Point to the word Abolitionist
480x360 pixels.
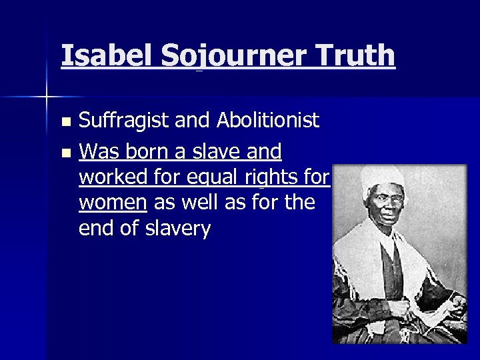click(267, 121)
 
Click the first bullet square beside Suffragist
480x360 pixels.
click(65, 122)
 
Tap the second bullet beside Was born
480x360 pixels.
click(65, 153)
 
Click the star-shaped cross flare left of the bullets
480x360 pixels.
click(47, 97)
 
